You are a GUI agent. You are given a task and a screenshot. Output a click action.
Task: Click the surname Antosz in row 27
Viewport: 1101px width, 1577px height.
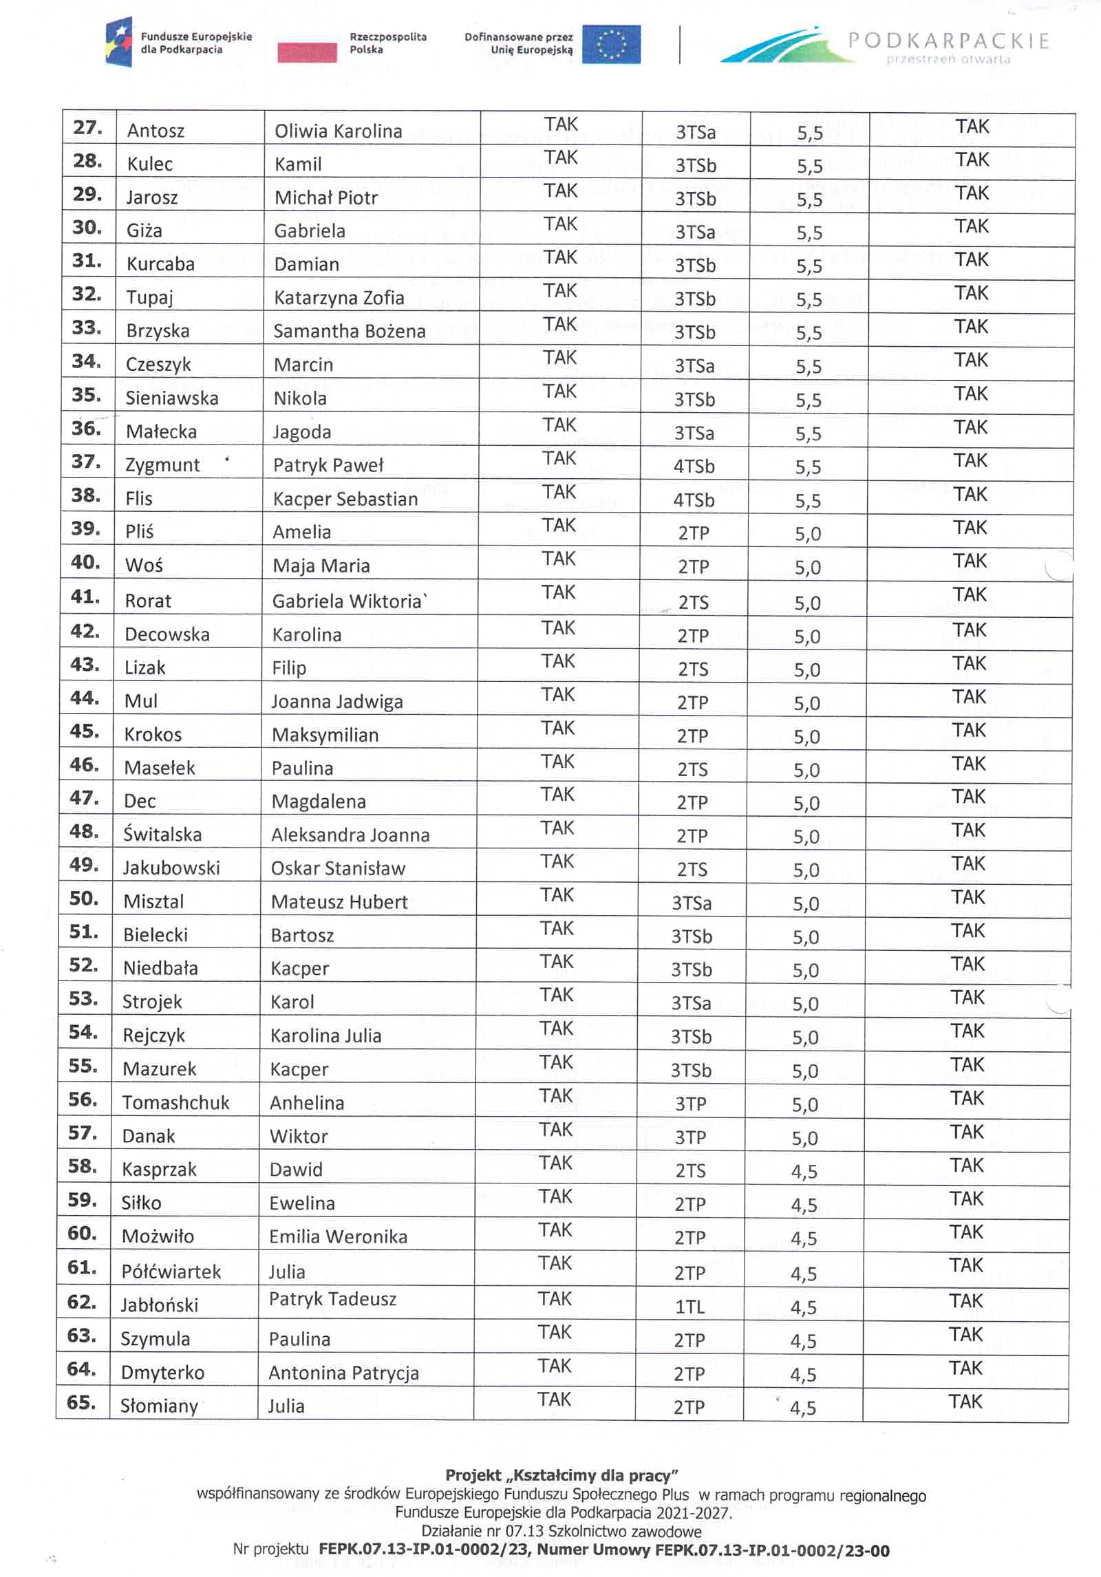pyautogui.click(x=156, y=131)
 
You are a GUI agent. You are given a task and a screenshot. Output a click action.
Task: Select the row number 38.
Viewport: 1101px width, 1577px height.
pyautogui.click(x=86, y=495)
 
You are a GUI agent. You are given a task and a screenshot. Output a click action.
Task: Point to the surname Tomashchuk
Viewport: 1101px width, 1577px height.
pyautogui.click(x=175, y=1103)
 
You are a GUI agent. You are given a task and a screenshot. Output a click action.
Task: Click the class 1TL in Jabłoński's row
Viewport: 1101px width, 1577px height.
pyautogui.click(x=690, y=1307)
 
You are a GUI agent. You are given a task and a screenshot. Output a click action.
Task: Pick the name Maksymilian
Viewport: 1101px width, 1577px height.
pyautogui.click(x=325, y=736)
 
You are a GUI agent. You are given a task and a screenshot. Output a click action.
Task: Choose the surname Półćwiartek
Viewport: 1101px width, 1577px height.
pyautogui.click(x=171, y=1272)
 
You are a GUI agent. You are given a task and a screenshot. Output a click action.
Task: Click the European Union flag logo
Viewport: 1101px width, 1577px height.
pyautogui.click(x=611, y=45)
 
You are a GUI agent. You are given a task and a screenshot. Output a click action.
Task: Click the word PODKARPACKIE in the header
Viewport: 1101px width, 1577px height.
pyautogui.click(x=948, y=41)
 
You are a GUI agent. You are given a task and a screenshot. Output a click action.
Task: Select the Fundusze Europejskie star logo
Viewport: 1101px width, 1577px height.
pyautogui.click(x=118, y=43)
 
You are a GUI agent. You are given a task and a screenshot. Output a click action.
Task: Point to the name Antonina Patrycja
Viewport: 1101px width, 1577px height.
pyautogui.click(x=343, y=1373)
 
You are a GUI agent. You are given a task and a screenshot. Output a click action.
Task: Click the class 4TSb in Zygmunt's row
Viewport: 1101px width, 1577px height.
pyautogui.click(x=694, y=466)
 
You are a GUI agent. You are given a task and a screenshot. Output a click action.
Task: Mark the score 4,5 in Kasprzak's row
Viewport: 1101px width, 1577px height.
pyautogui.click(x=804, y=1172)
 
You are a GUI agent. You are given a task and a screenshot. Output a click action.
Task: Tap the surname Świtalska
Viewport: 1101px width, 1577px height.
pyautogui.click(x=162, y=835)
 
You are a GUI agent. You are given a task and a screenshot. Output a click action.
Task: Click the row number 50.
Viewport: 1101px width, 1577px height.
pyautogui.click(x=83, y=899)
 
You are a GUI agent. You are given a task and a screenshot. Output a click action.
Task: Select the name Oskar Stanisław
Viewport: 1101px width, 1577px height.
pyautogui.click(x=338, y=868)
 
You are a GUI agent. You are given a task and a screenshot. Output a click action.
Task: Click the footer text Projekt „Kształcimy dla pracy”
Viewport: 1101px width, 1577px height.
pyautogui.click(x=562, y=1475)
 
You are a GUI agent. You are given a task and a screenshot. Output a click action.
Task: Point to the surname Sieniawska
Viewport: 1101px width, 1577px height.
pyautogui.click(x=171, y=398)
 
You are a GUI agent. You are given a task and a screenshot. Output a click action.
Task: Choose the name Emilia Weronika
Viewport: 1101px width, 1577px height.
pyautogui.click(x=338, y=1236)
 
